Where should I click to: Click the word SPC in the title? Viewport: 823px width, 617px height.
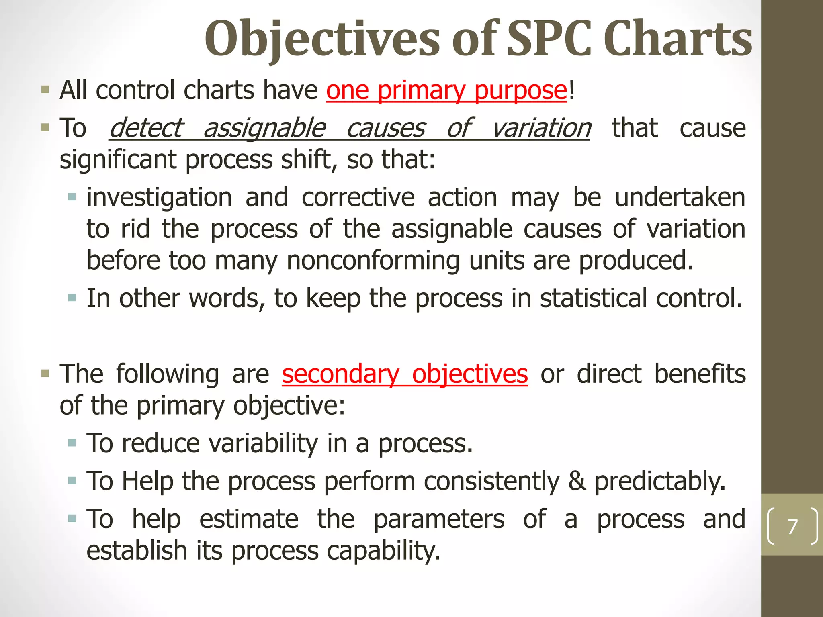(549, 39)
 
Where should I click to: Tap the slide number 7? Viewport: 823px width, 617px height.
(792, 527)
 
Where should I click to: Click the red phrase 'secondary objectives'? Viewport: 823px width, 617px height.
(405, 374)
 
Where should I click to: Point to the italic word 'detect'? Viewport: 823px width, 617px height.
(146, 128)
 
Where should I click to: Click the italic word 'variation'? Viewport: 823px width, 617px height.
(541, 128)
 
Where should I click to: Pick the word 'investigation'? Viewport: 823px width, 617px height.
(160, 198)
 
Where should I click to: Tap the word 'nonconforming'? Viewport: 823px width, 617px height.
(373, 261)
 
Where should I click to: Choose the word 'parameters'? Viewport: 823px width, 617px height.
(439, 519)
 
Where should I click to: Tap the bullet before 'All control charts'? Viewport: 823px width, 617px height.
(45, 90)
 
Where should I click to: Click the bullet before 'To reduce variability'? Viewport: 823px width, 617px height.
(72, 443)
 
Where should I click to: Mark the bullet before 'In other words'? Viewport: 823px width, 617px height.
(72, 298)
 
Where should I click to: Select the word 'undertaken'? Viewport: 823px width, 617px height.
(680, 198)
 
